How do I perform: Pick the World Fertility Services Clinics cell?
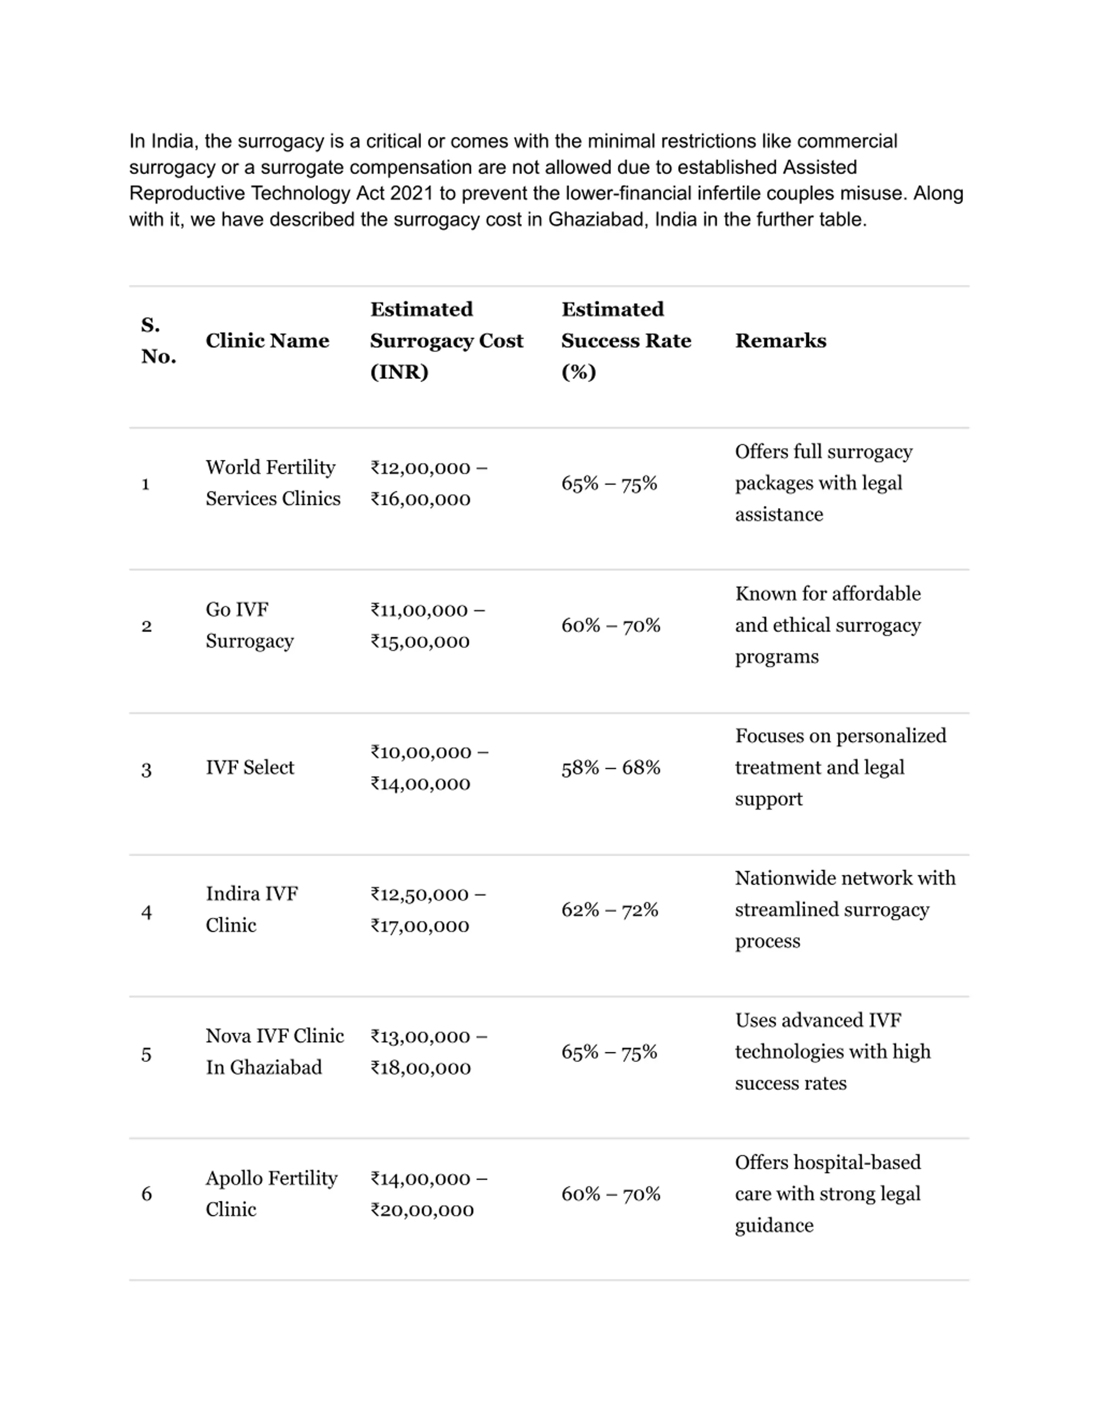[x=273, y=483]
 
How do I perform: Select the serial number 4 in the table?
[x=146, y=912]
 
